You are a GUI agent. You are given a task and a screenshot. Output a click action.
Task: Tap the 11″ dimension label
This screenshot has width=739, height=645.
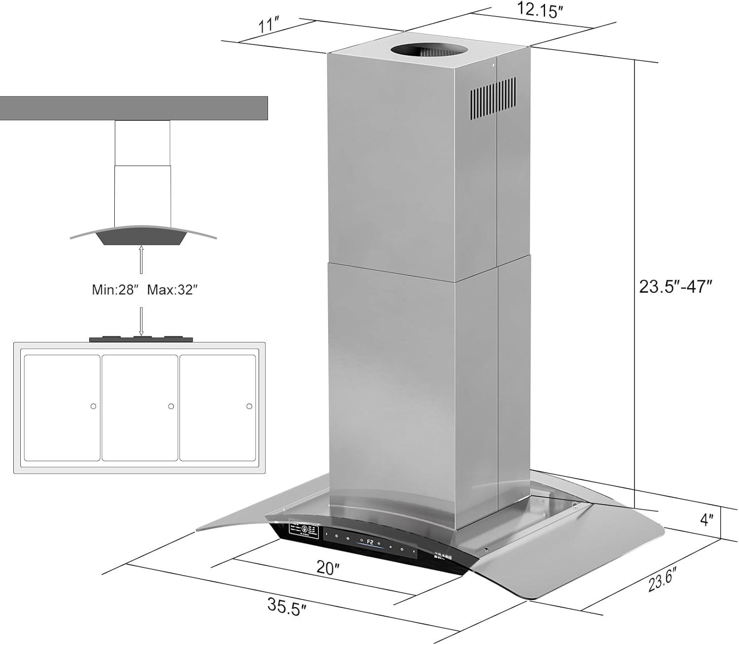coord(269,25)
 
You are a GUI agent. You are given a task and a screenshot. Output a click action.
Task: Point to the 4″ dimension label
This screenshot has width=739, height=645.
coord(707,519)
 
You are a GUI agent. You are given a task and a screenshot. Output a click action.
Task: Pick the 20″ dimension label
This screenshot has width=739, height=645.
coord(328,567)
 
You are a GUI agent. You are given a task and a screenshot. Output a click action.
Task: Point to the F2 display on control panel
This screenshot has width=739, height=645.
coord(370,543)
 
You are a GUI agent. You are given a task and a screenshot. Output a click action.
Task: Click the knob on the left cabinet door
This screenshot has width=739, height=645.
coord(93,407)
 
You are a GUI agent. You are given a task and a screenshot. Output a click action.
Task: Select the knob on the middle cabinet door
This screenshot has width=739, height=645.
coord(171,407)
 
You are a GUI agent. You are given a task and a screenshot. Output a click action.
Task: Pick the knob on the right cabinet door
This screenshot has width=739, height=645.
coord(249,407)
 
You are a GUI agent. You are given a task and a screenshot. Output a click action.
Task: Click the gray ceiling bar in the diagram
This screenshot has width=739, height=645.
coord(134,108)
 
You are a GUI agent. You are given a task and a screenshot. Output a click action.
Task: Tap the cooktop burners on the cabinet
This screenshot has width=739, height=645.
coord(141,339)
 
